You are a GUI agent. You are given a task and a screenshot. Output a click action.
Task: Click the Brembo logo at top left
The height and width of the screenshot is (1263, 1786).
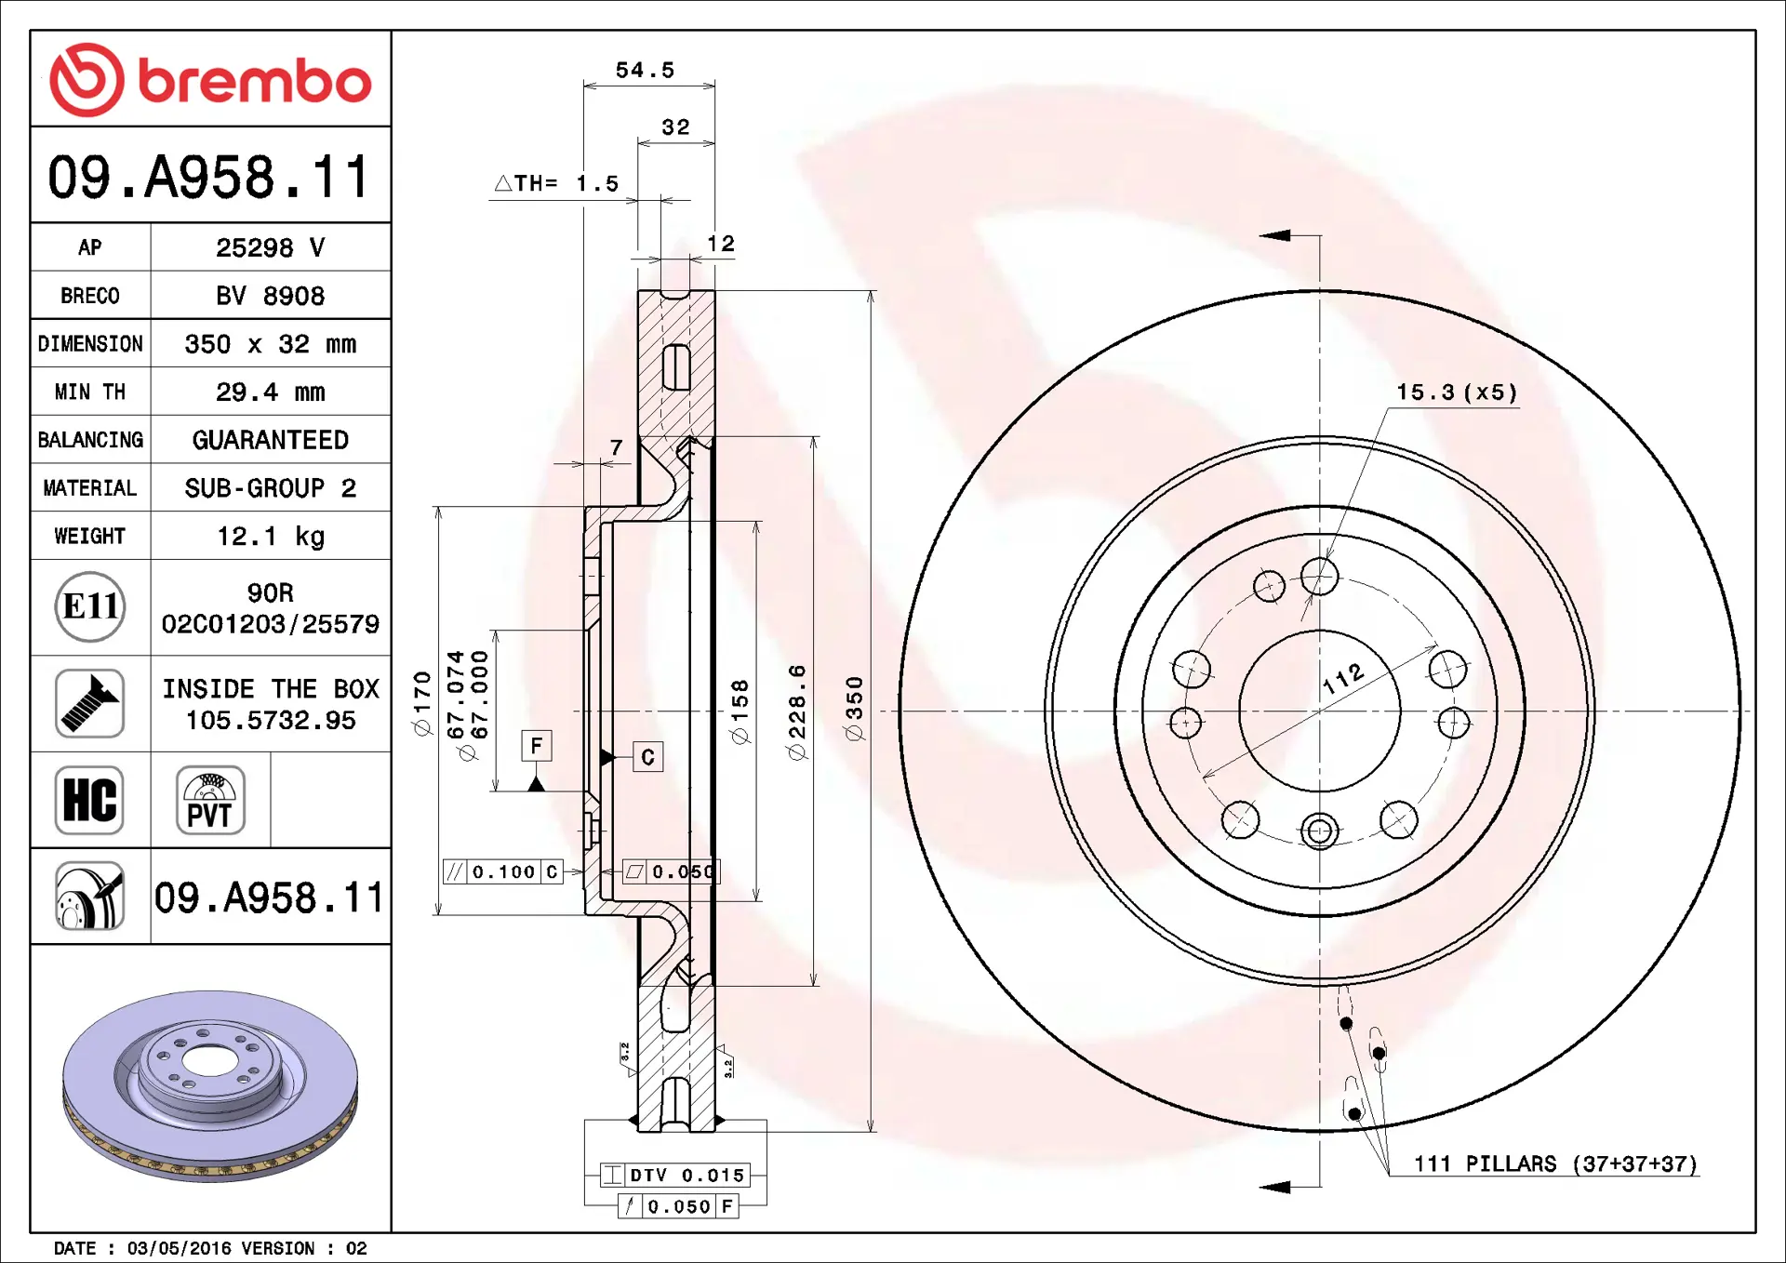click(x=210, y=80)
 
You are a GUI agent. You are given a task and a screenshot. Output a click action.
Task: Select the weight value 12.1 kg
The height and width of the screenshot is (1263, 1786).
click(x=271, y=537)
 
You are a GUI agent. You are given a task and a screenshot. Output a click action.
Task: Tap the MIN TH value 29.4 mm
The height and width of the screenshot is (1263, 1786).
click(x=271, y=392)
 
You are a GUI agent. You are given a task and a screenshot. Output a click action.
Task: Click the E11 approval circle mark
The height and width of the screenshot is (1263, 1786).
click(x=90, y=607)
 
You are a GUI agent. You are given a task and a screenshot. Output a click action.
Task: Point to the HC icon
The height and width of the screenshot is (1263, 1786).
click(x=89, y=800)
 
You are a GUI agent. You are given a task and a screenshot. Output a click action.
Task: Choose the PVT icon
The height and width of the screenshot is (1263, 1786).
click(x=210, y=800)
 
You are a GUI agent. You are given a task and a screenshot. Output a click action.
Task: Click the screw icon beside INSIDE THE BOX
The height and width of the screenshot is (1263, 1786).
click(x=89, y=704)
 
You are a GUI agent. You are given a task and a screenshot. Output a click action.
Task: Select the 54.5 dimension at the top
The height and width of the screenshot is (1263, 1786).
click(x=645, y=70)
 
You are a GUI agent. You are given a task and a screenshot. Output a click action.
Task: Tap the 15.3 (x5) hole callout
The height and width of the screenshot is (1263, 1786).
click(x=1457, y=392)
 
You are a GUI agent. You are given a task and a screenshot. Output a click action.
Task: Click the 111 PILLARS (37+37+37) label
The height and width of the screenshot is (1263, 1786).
click(x=1555, y=1163)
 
